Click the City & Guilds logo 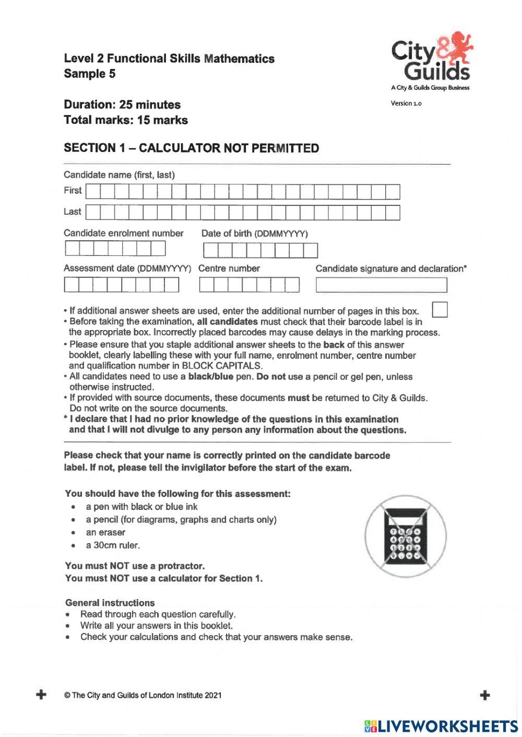pos(431,60)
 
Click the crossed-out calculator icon pos(406,537)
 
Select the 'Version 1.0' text pos(406,103)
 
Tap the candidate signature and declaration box pos(382,285)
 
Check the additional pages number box pos(440,309)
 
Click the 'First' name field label pos(73,191)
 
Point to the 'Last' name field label pos(73,212)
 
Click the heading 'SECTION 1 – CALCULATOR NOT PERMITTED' pos(191,148)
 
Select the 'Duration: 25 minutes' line pos(122,104)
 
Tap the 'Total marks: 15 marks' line pos(126,120)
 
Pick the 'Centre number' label pos(229,268)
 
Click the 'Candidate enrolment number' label pos(124,233)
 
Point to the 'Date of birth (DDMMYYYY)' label pos(255,233)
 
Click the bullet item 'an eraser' pos(105,533)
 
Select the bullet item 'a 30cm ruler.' pos(113,545)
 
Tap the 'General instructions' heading pos(110,603)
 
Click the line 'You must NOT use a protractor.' pos(135,566)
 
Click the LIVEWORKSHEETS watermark pos(441,726)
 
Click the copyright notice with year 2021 pos(143,695)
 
